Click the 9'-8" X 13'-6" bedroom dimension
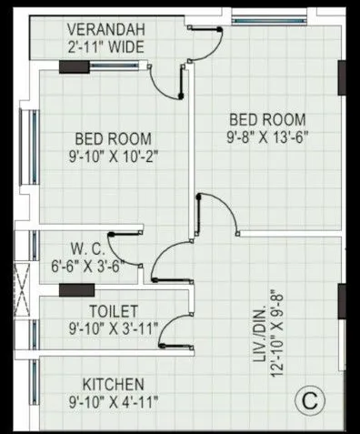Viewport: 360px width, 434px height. (266, 137)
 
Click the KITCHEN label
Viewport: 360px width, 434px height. (113, 383)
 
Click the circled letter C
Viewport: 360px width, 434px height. (311, 399)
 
